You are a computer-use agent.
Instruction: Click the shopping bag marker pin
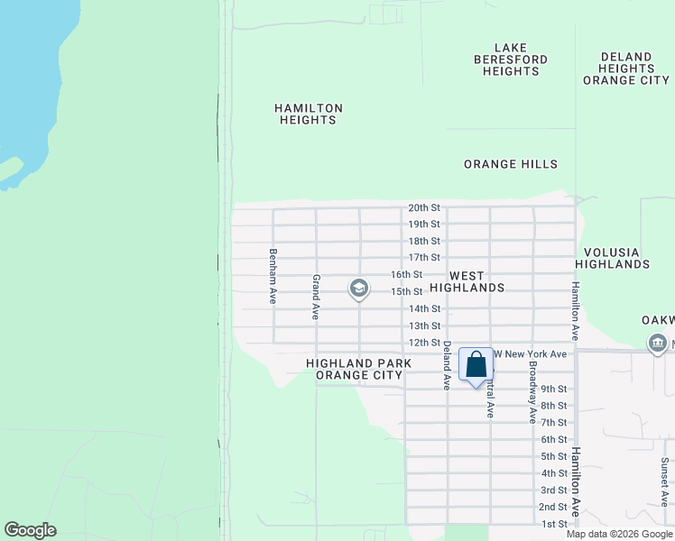(476, 366)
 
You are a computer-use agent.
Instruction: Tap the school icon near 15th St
(358, 289)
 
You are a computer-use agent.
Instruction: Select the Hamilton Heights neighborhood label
(309, 114)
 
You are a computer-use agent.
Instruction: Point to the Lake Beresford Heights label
(510, 60)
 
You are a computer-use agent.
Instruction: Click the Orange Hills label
(511, 164)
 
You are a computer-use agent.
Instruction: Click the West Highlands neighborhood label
(467, 281)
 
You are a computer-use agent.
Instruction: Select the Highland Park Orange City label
(358, 369)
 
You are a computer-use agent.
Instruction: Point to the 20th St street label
(423, 207)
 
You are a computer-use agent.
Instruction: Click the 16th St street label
(406, 275)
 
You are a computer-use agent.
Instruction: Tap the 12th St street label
(424, 344)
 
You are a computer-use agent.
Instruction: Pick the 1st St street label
(554, 524)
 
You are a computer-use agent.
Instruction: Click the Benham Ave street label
(273, 269)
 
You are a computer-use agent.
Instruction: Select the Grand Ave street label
(316, 298)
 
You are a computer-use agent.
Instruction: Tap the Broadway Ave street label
(532, 396)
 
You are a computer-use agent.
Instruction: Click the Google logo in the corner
(30, 530)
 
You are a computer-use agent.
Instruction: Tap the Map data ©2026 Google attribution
(619, 534)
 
